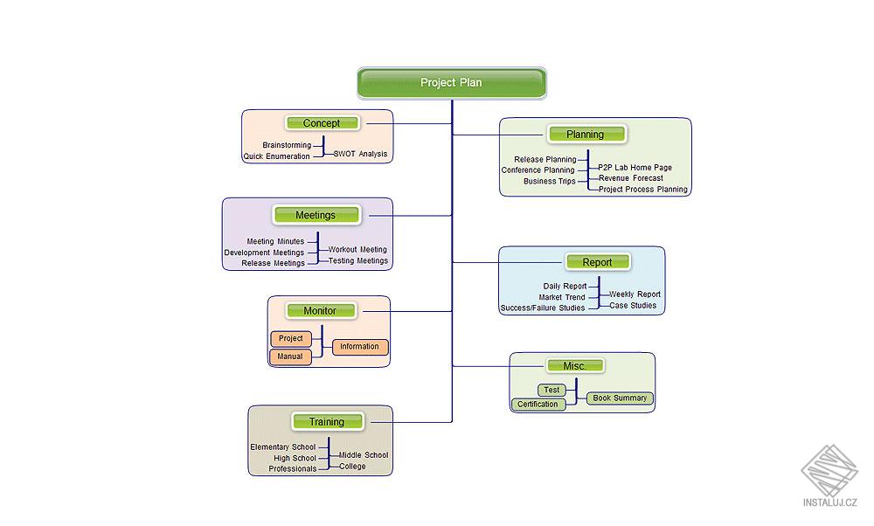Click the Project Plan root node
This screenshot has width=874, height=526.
(x=452, y=83)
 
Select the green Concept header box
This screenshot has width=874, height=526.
(x=322, y=123)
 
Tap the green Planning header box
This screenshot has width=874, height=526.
(x=586, y=135)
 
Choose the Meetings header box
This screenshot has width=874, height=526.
(x=316, y=215)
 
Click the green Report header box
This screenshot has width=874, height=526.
(x=597, y=262)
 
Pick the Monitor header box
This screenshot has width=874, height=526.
(x=320, y=310)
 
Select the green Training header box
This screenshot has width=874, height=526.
(x=326, y=422)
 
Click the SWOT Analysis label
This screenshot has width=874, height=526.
(x=360, y=154)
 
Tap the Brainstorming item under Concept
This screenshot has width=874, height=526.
(x=287, y=145)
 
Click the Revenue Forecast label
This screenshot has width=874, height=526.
(x=631, y=178)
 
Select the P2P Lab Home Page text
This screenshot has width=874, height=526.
(x=635, y=168)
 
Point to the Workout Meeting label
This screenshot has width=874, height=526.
(x=357, y=250)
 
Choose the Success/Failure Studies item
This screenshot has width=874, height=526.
(x=543, y=308)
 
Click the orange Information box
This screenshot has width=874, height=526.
(x=360, y=347)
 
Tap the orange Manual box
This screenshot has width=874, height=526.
(x=290, y=356)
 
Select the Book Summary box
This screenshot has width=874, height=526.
(x=620, y=398)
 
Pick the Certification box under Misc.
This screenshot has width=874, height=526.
(x=538, y=405)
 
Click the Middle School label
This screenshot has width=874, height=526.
(x=364, y=455)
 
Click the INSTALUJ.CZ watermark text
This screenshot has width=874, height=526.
(x=830, y=502)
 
